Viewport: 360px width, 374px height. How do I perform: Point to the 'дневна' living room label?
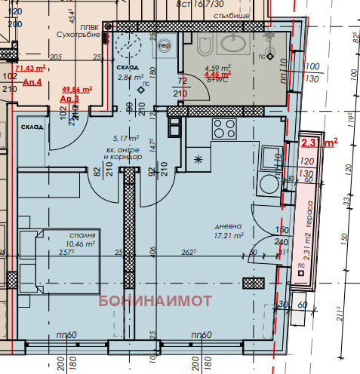click(227, 225)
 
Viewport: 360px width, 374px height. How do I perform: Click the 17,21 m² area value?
click(227, 235)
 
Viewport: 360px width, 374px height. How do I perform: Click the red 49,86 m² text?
click(75, 89)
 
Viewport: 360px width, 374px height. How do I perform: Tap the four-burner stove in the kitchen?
click(223, 126)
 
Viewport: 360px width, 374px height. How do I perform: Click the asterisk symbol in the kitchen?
click(198, 159)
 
